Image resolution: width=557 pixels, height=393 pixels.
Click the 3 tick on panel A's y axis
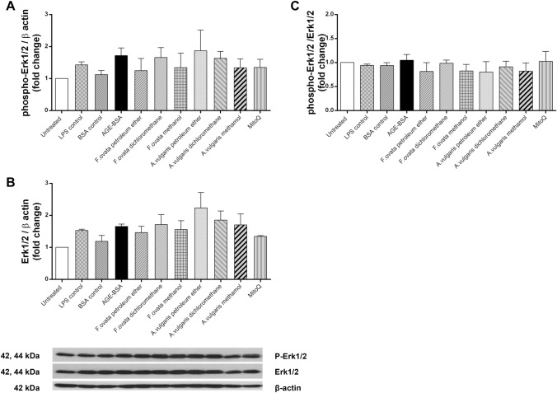(46, 14)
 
